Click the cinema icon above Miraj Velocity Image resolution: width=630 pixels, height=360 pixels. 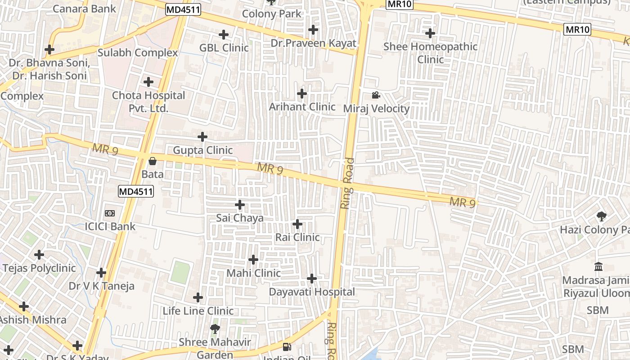pos(376,95)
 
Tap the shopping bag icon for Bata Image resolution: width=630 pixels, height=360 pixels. pos(153,161)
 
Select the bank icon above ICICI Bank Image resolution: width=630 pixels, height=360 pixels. pos(110,213)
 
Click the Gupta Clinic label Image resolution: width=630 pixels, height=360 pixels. pos(203,150)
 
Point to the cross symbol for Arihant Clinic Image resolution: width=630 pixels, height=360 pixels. pos(302,94)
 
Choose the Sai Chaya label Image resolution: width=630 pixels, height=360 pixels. pos(240,218)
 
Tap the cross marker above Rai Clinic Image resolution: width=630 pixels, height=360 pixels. pos(297,224)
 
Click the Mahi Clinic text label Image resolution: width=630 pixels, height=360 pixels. pos(253,273)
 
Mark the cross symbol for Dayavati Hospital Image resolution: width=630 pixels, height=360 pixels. pos(311,279)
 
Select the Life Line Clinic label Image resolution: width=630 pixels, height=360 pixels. pos(198,311)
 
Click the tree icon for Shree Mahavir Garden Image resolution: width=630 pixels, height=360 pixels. pos(215,329)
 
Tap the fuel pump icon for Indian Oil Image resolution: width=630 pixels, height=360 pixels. pos(286,346)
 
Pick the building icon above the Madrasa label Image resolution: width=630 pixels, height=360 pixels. pos(598,267)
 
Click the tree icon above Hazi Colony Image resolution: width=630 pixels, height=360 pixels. pos(601,216)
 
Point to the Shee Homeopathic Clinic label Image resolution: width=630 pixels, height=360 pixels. pos(430,53)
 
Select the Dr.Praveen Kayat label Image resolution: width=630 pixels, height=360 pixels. pos(313,43)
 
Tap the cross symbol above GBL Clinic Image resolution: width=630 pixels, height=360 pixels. pos(224,34)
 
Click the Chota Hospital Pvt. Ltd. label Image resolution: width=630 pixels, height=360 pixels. pos(148,102)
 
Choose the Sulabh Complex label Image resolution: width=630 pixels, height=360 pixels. pos(138,53)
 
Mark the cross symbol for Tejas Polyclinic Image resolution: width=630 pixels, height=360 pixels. pos(39,255)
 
